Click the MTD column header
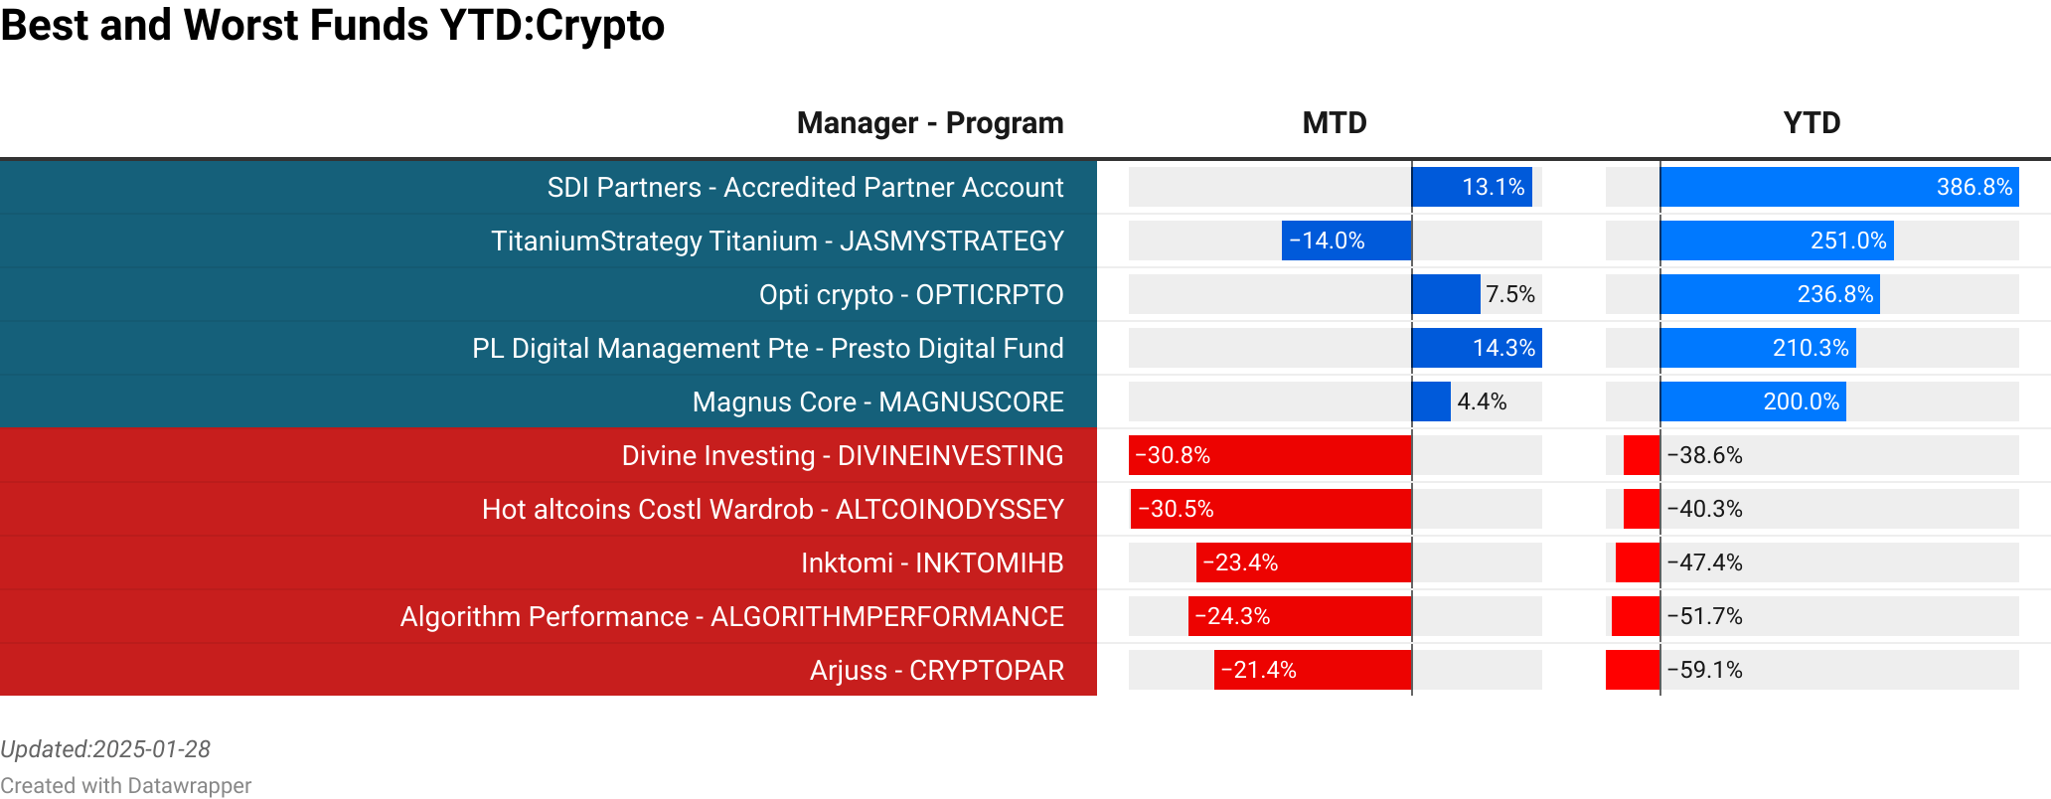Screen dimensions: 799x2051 pos(1335,123)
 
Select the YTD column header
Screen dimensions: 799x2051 pos(1812,123)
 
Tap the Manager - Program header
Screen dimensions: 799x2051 pos(929,123)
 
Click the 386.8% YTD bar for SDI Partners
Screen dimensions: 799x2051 pos(1838,187)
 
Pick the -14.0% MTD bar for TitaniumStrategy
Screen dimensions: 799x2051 pos(1346,240)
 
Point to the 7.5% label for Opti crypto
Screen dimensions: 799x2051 pos(1510,294)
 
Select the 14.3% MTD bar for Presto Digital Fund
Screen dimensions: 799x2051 pos(1477,348)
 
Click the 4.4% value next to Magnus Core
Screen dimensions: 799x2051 pos(1482,401)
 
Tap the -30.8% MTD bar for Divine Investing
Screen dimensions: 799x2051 pos(1270,455)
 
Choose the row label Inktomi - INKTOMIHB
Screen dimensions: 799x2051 pos(931,562)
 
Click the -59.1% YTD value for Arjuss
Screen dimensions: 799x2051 pos(1705,670)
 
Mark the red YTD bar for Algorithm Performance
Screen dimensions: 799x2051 pos(1636,616)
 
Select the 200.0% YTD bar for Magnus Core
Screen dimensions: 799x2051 pos(1753,401)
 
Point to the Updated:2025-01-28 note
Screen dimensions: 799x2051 pos(105,749)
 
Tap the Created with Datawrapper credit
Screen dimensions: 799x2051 pos(125,786)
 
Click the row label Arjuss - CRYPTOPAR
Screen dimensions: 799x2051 pos(936,670)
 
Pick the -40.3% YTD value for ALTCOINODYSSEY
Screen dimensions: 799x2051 pos(1705,509)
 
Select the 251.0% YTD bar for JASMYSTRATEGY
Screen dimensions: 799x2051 pos(1777,240)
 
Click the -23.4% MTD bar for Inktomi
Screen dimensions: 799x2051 pos(1304,562)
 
